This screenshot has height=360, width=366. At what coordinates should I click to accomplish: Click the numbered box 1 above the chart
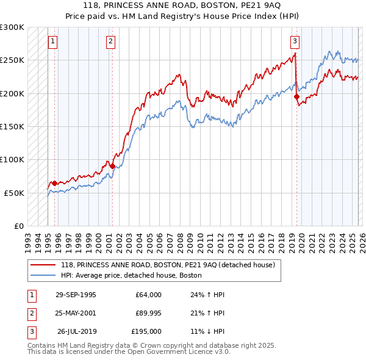[52, 41]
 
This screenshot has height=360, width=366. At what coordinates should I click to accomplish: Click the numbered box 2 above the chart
[110, 41]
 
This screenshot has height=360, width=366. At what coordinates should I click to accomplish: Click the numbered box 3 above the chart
[295, 41]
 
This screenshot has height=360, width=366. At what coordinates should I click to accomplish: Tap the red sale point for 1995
[55, 183]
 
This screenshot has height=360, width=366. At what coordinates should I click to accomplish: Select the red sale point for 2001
[112, 165]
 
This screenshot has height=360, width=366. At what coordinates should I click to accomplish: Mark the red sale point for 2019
[296, 96]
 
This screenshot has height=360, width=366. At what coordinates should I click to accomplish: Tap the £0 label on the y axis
[18, 226]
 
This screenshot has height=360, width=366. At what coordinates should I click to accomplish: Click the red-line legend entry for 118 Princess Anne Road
[168, 265]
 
